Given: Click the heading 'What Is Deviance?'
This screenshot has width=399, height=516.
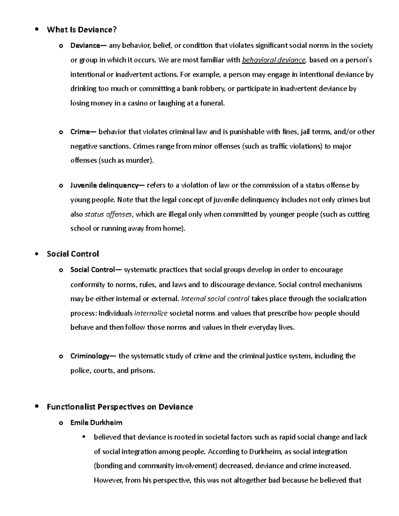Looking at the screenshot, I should point(82,30).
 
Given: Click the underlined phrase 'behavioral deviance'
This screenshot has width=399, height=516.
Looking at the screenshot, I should point(274,60).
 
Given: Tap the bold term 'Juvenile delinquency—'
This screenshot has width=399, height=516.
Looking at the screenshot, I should point(108,185).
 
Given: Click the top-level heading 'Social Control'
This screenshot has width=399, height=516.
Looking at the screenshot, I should point(73,254).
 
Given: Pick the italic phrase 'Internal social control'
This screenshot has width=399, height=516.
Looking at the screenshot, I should point(215,299).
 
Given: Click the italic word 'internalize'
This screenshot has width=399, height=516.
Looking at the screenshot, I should point(151,313).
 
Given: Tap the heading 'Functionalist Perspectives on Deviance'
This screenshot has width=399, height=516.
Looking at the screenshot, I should point(120,407).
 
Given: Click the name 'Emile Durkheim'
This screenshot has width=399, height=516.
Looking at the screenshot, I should point(96,423).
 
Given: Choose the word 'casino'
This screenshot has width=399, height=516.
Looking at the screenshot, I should point(137,103).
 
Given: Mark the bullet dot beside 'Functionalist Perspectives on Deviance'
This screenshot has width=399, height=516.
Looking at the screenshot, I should point(37,407).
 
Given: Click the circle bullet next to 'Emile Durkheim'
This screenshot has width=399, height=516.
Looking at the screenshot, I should point(61,423).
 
